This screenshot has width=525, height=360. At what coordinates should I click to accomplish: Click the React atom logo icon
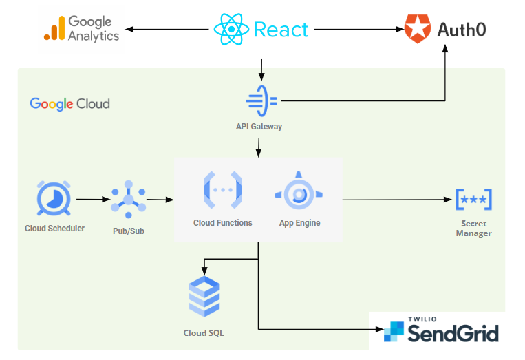[x=232, y=30]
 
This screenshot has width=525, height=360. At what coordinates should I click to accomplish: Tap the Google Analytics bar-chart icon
[x=54, y=28]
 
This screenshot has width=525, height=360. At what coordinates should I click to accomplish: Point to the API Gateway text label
[x=259, y=127]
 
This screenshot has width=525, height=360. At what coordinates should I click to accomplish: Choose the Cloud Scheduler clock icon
[x=54, y=200]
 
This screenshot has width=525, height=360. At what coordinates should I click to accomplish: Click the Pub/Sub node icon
[x=128, y=200]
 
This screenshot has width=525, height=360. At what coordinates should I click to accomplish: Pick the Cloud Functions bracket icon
[x=222, y=189]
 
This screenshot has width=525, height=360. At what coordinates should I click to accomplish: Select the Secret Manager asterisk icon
[x=473, y=200]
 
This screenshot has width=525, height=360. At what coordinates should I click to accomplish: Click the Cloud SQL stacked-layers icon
[x=204, y=297]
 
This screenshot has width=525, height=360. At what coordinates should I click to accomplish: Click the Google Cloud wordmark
[x=69, y=104]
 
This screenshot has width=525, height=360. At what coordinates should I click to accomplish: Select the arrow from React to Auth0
[x=358, y=30]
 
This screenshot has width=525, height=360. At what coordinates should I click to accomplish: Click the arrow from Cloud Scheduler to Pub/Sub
[x=94, y=200]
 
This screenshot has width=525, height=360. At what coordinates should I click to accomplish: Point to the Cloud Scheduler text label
[x=54, y=228]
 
